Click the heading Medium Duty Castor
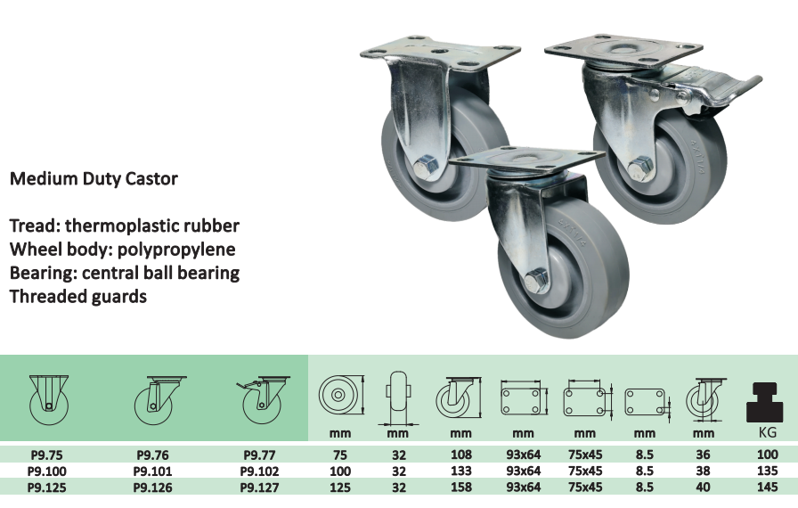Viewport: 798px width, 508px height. (x=94, y=178)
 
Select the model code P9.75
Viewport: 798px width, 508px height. (x=47, y=455)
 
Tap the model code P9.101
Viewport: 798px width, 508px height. (x=152, y=471)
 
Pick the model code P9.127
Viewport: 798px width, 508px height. (x=259, y=488)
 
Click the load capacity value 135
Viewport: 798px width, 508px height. (x=767, y=471)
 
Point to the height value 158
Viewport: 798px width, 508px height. (x=461, y=488)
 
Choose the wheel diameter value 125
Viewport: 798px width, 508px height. (x=340, y=488)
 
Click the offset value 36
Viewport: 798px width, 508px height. (x=703, y=455)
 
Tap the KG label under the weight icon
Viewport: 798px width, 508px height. (x=768, y=432)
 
